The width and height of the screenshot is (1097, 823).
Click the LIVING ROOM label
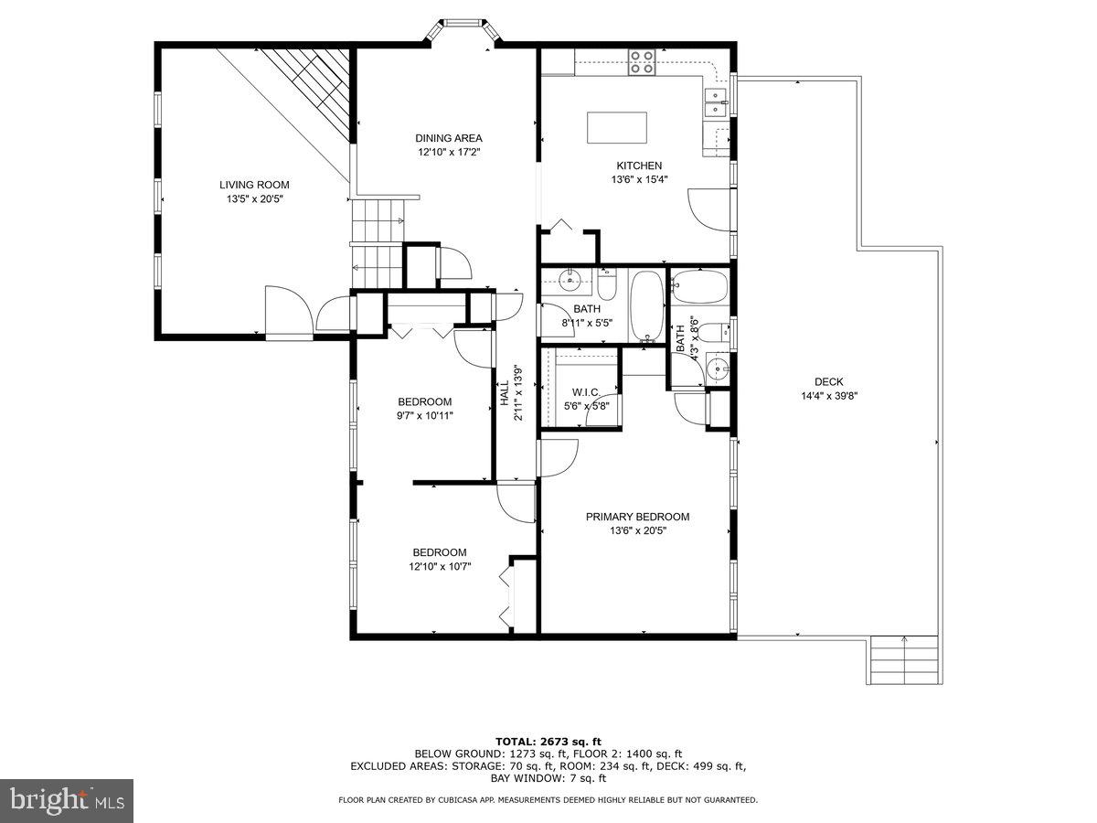tap(254, 185)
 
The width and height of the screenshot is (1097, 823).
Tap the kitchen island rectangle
tap(616, 127)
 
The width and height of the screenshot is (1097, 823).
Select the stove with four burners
tap(642, 61)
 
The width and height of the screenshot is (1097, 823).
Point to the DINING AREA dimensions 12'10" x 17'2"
tap(448, 153)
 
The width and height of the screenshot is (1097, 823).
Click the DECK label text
tap(829, 382)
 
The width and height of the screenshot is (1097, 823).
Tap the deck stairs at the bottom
tap(903, 659)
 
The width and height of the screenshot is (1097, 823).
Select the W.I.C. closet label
tap(586, 392)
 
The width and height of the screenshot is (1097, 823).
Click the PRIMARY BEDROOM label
tap(637, 517)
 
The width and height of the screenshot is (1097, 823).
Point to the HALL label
tap(504, 393)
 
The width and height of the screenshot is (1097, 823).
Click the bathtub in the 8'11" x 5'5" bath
tap(648, 305)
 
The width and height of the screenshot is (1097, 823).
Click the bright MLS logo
tap(67, 801)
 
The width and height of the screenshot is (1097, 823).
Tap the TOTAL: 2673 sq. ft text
tap(548, 742)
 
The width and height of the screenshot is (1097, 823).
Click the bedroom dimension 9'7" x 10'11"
tap(426, 415)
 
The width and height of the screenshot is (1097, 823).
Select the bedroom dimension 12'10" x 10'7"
tap(440, 566)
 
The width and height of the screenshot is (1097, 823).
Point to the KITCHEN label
tap(639, 166)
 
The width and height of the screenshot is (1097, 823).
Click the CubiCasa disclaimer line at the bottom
tap(548, 800)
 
